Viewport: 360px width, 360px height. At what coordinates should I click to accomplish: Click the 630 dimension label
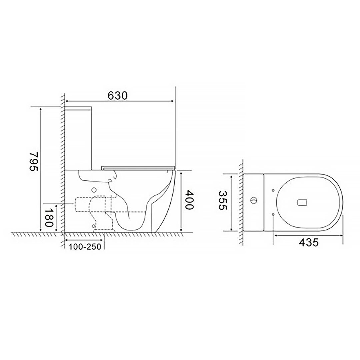tap(118, 95)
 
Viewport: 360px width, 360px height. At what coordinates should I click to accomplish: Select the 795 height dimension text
tap(34, 161)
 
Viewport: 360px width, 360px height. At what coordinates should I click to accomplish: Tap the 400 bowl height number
tap(189, 200)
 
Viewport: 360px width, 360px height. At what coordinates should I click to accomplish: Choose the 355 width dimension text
tap(222, 200)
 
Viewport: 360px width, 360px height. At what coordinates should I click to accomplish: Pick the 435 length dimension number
tap(308, 242)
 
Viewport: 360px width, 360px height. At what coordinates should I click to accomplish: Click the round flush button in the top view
tap(254, 201)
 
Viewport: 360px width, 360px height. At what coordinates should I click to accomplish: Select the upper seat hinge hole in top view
tap(273, 190)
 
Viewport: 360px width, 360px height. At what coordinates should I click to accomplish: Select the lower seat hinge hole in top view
tap(273, 214)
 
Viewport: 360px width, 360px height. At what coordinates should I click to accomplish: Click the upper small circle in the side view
tap(94, 190)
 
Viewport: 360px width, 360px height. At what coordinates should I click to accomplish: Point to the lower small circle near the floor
tap(94, 226)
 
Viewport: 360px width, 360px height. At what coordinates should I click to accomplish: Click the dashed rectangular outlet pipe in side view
tap(83, 204)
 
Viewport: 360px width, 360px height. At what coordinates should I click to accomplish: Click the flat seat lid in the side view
tap(138, 167)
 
